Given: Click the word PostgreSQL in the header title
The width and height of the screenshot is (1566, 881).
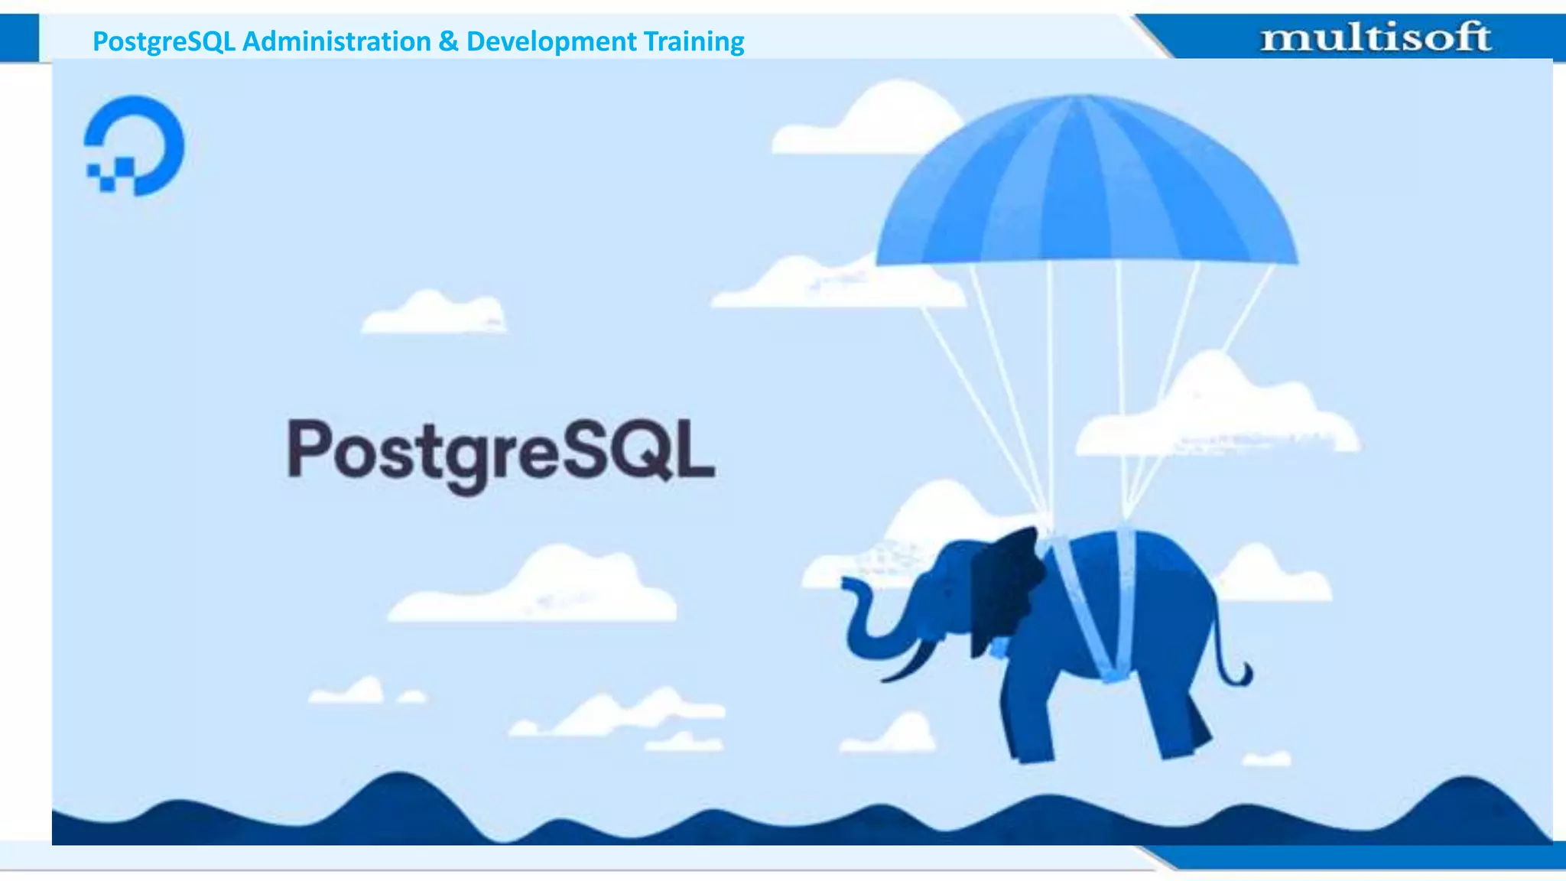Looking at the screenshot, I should [x=163, y=41].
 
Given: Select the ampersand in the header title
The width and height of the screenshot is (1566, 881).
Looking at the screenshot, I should [x=448, y=41].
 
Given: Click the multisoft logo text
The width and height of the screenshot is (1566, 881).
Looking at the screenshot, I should [x=1376, y=37].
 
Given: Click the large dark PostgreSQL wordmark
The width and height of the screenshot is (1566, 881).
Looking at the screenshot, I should [x=501, y=452].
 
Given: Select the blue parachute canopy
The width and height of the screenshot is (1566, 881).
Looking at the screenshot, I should [x=1086, y=184].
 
